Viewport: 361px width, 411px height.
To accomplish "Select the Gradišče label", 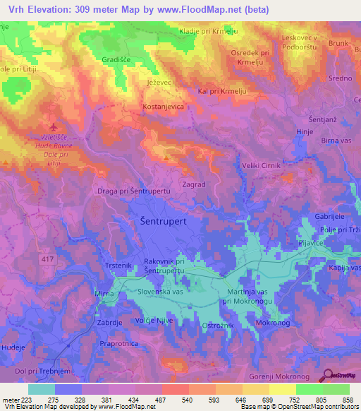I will click(116, 61).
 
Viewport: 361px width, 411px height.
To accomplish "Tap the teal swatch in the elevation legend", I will click(41, 389).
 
